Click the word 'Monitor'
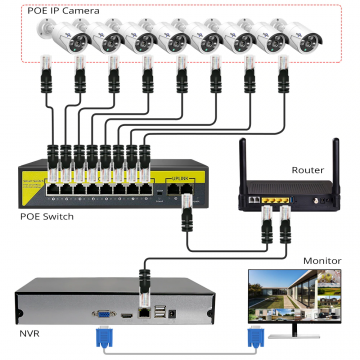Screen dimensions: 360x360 [322, 259]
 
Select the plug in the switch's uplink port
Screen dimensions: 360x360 [185, 210]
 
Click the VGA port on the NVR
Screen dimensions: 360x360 [102, 312]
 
